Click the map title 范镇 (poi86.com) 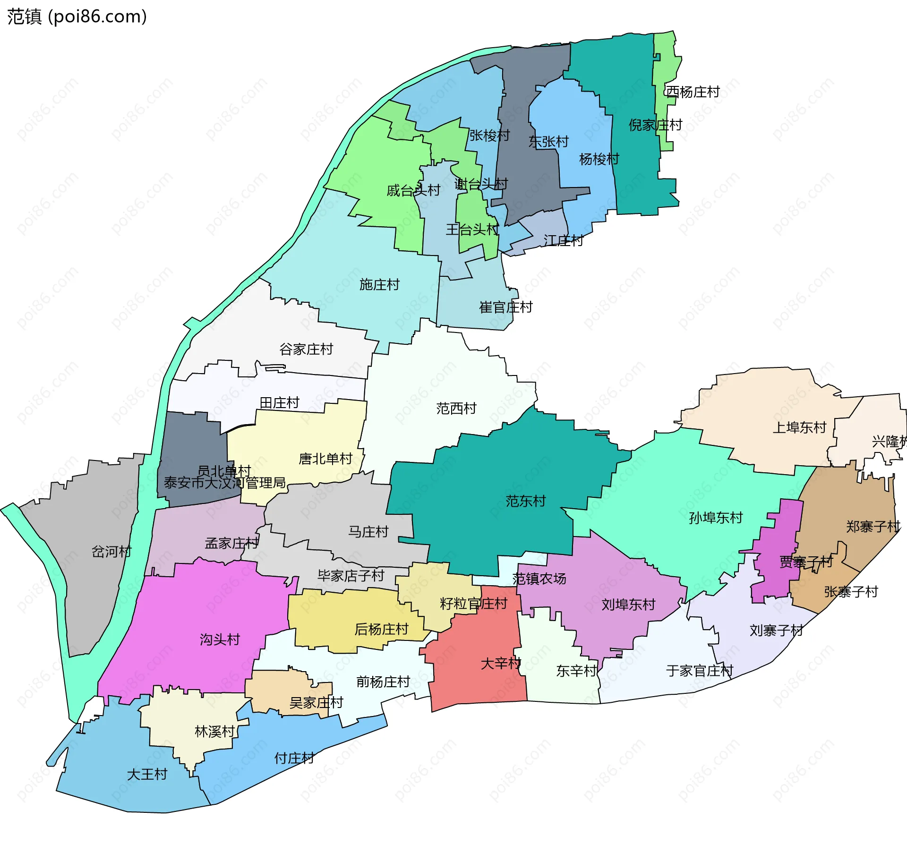[77, 17]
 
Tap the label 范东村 [525, 501]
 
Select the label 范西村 [456, 408]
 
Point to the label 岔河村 [111, 551]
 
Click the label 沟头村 [220, 639]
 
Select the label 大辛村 [500, 663]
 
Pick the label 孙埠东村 [715, 518]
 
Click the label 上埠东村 [799, 427]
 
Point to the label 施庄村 [379, 284]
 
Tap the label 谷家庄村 [306, 349]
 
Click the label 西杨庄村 [692, 92]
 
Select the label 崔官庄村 [505, 307]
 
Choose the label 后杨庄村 [381, 629]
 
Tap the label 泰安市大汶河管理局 [224, 483]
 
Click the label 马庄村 [368, 531]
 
